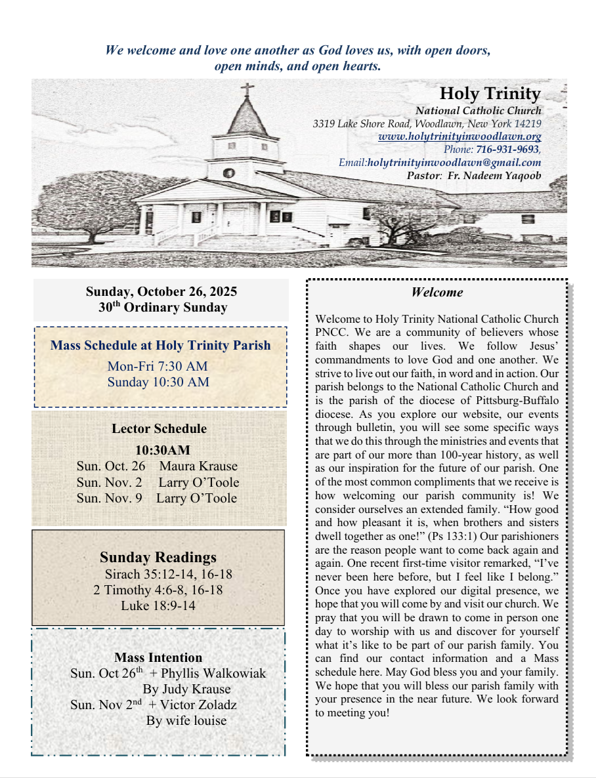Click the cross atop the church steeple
coord(247,89)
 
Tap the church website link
coord(459,137)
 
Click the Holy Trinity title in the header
coord(490,94)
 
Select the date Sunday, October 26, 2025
coord(161,291)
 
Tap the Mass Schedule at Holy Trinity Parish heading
coord(160,345)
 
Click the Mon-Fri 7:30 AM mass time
coord(158,366)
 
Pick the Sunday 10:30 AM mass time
coord(158,382)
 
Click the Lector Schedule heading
coord(159,429)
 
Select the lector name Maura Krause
coord(198,466)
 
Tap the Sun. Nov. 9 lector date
coord(110,498)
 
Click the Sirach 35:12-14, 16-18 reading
coord(168,575)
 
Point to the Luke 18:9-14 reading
coord(158,605)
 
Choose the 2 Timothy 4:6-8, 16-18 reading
coord(158,590)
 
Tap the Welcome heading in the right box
coord(437,293)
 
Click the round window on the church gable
coord(229,174)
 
